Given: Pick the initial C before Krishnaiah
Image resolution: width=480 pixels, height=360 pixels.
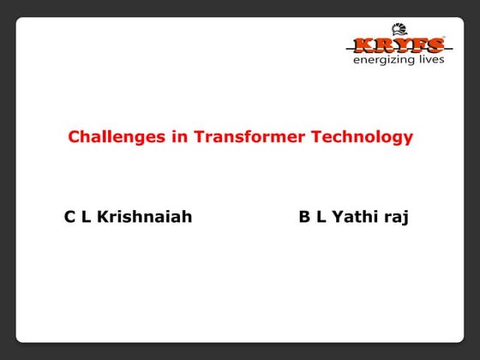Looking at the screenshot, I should pyautogui.click(x=70, y=217).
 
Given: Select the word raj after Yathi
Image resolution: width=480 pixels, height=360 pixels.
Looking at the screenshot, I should pyautogui.click(x=396, y=218).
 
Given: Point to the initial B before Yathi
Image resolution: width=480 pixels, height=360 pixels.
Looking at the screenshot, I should pyautogui.click(x=304, y=217).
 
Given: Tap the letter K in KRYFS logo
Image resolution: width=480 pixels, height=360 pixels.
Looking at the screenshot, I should pyautogui.click(x=360, y=45).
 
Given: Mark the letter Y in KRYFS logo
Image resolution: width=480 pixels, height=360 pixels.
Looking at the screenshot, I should pyautogui.click(x=397, y=45).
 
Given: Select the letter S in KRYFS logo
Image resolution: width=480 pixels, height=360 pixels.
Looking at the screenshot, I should pyautogui.click(x=435, y=45).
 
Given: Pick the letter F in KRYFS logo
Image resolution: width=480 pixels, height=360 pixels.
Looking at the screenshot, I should pyautogui.click(x=416, y=45).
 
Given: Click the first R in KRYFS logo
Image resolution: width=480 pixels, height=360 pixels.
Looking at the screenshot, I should pyautogui.click(x=378, y=45).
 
